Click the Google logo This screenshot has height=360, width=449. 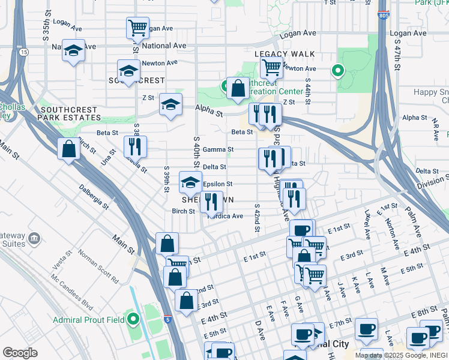click(x=20, y=352)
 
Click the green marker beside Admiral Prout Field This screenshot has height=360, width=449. click(x=133, y=320)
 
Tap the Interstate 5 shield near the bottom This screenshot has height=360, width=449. click(x=167, y=320)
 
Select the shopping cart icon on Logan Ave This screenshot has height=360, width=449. click(x=137, y=28)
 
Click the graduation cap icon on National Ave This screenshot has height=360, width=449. click(x=73, y=50)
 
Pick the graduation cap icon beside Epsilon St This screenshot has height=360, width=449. click(x=190, y=182)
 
